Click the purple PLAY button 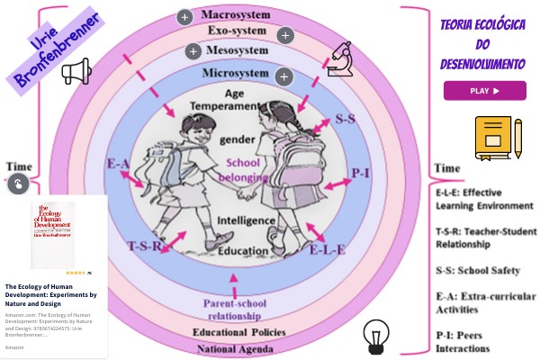[484, 90]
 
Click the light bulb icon [373, 336]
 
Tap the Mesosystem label [236, 51]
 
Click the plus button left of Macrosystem [184, 16]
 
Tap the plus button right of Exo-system [285, 36]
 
